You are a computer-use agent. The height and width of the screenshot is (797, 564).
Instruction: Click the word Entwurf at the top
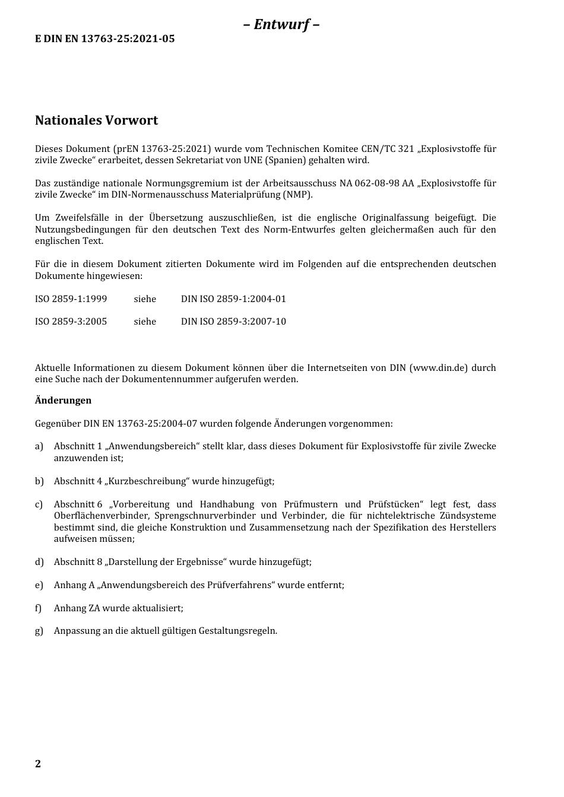(281, 24)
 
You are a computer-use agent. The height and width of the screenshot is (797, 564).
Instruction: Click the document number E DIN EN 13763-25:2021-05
(104, 39)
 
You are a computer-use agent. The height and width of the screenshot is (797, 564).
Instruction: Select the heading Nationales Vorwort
(96, 120)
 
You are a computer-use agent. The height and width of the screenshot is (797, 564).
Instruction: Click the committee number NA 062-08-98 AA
(376, 183)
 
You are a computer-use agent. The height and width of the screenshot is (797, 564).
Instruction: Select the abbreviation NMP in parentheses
(297, 195)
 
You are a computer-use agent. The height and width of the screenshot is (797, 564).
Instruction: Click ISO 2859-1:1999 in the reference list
(71, 299)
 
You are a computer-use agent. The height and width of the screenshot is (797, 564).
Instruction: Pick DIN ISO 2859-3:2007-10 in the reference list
(233, 322)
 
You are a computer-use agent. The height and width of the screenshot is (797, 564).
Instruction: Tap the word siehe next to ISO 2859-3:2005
(145, 322)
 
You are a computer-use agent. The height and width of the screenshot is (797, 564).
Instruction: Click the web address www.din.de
(438, 368)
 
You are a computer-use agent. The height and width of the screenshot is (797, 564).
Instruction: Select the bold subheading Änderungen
(63, 401)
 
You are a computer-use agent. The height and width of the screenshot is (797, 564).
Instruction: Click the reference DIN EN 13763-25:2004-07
(140, 424)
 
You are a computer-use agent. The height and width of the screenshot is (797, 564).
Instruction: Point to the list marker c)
(39, 504)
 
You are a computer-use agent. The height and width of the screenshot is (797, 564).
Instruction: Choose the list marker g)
(39, 631)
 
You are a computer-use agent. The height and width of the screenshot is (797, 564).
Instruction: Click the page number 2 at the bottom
(38, 764)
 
